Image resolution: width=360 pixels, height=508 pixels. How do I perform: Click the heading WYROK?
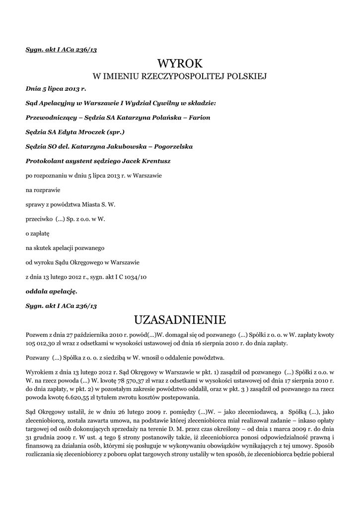[x=180, y=63]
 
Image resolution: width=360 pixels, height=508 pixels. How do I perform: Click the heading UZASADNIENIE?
[x=180, y=318]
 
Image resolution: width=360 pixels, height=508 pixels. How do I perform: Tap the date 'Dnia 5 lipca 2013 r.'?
[x=56, y=89]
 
